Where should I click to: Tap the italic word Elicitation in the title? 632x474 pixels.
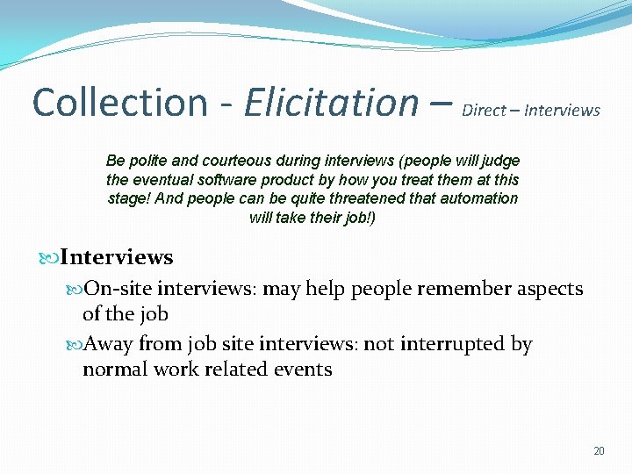tap(332, 103)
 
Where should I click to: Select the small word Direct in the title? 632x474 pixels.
tap(483, 111)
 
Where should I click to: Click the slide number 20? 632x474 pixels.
tap(599, 451)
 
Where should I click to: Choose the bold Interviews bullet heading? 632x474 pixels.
tap(117, 258)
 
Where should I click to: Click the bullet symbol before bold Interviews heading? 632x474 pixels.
tap(49, 258)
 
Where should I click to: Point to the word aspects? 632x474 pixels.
tap(549, 290)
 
